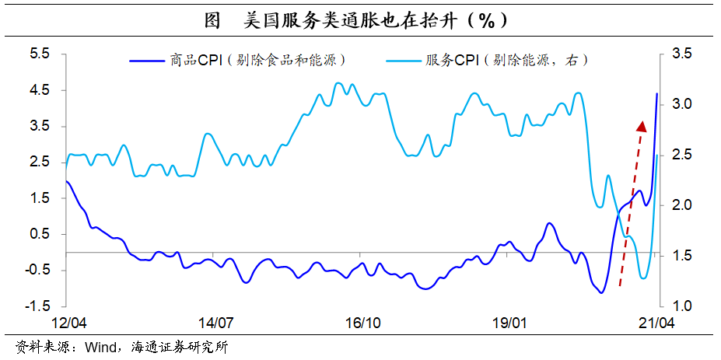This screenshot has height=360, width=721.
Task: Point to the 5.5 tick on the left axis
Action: (x=39, y=54)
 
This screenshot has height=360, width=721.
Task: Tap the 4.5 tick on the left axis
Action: (x=39, y=90)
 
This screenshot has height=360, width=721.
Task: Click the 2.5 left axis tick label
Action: (x=39, y=162)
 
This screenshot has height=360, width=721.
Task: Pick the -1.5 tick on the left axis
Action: (x=37, y=306)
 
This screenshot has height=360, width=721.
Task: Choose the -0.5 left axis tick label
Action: (x=37, y=270)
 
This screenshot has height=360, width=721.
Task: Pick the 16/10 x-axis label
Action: (x=362, y=322)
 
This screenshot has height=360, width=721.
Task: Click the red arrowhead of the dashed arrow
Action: (x=642, y=127)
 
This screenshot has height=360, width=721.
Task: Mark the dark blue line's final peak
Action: (x=657, y=94)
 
